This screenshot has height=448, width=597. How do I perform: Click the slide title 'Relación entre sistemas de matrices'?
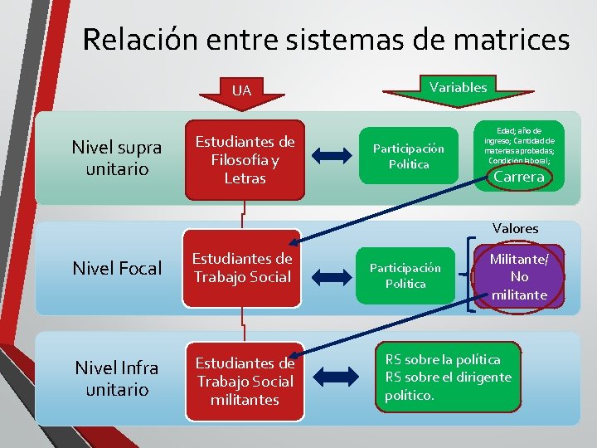(326, 39)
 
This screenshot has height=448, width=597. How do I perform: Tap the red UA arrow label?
(241, 90)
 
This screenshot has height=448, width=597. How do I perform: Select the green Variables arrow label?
(458, 86)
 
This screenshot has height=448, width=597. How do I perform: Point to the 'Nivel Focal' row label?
(117, 268)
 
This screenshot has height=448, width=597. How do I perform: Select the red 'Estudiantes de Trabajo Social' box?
(242, 267)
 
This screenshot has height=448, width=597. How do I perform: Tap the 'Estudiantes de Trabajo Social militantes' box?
(244, 381)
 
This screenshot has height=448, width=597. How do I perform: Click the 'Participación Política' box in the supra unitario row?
(408, 156)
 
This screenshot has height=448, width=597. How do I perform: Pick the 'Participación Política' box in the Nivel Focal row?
(406, 275)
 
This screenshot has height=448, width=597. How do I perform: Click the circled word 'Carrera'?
(519, 177)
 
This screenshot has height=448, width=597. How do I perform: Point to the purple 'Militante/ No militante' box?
(519, 277)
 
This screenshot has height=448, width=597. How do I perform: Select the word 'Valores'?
(515, 228)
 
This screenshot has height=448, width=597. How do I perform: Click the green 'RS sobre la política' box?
(449, 377)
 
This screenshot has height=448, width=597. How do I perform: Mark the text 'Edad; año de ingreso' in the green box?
(519, 135)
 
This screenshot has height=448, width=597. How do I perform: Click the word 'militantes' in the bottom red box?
(244, 399)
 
